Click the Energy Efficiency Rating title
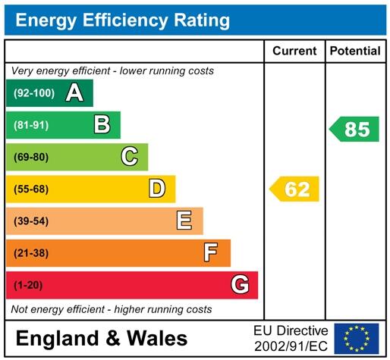click(123, 20)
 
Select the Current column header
click(294, 52)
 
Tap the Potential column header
click(355, 52)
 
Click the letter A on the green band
click(74, 93)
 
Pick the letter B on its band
click(102, 125)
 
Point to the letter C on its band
click(130, 157)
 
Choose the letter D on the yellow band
click(157, 189)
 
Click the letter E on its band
click(184, 221)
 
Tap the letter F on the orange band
click(212, 252)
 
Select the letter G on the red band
click(240, 285)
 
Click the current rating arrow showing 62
click(295, 189)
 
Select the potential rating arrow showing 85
click(355, 129)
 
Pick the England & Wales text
click(101, 338)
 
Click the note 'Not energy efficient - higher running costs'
click(111, 309)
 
